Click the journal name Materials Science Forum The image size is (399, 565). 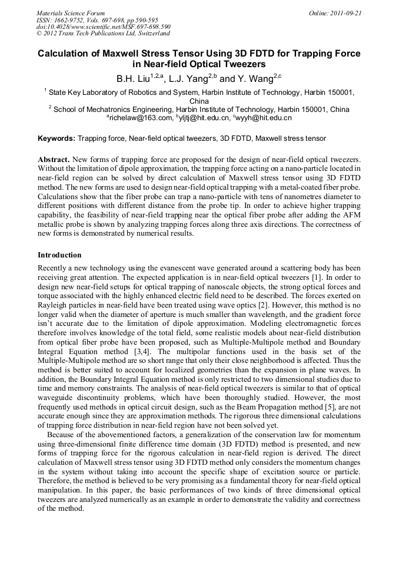pos(71,13)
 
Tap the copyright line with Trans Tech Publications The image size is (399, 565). pos(103,34)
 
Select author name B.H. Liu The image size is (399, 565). pos(132,78)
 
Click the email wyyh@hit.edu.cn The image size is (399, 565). pos(264,118)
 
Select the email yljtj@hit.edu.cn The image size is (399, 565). pos(202,118)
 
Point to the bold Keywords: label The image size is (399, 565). pos(56,138)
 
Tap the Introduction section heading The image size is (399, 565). pos(59,255)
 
